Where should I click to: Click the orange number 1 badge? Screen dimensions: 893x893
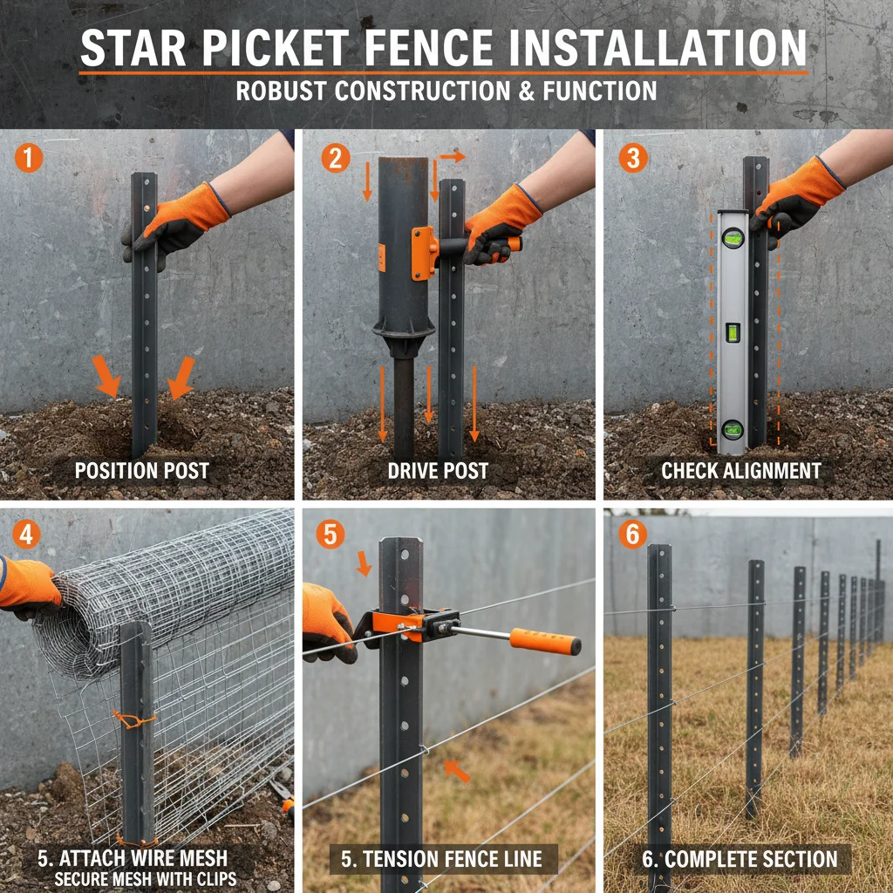coord(28,159)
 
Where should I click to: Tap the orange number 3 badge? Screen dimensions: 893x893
coord(633,159)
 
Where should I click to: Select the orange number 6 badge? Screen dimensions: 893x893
coord(633,534)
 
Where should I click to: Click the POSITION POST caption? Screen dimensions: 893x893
coord(141,472)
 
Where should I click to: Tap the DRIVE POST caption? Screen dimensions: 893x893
coord(439,472)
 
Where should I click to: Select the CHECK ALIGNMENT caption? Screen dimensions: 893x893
coord(740,472)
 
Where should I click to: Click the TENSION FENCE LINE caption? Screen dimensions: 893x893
coord(441,859)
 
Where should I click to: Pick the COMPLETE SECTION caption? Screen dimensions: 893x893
coord(740,859)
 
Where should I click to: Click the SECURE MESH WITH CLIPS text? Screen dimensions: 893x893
coord(146,878)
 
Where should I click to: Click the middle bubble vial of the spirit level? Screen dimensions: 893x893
coord(733,332)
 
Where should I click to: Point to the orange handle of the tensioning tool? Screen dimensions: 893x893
coord(545,642)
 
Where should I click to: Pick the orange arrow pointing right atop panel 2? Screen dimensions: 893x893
coord(452,157)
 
